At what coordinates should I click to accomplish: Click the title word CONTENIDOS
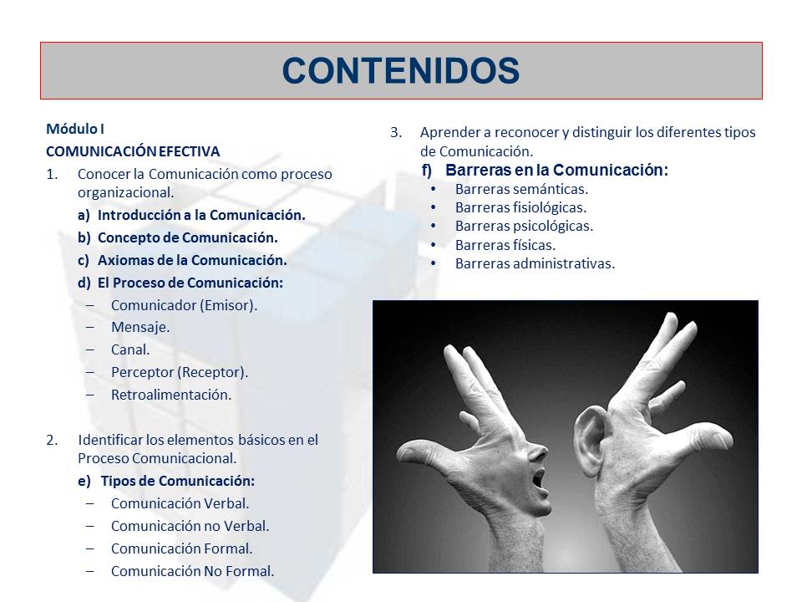pyautogui.click(x=401, y=71)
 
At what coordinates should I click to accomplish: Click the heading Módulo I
pyautogui.click(x=74, y=130)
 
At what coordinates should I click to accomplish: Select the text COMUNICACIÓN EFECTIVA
pyautogui.click(x=133, y=151)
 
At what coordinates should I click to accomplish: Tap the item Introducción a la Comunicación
pyautogui.click(x=200, y=215)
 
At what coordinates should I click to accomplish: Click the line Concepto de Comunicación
pyautogui.click(x=187, y=237)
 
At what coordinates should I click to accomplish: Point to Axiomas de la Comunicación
pyautogui.click(x=191, y=260)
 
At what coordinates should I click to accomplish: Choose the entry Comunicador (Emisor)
pyautogui.click(x=184, y=305)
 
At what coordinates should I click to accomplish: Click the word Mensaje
pyautogui.click(x=140, y=328)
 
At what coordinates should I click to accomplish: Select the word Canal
pyautogui.click(x=130, y=349)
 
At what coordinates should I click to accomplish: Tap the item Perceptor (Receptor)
pyautogui.click(x=179, y=372)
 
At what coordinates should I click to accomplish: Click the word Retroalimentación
pyautogui.click(x=170, y=395)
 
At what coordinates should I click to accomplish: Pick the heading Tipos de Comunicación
pyautogui.click(x=177, y=481)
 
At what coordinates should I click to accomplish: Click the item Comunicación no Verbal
pyautogui.click(x=190, y=526)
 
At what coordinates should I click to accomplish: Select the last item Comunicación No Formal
pyautogui.click(x=192, y=571)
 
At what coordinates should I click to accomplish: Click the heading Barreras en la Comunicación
pyautogui.click(x=556, y=171)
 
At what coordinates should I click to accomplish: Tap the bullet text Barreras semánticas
pyautogui.click(x=521, y=189)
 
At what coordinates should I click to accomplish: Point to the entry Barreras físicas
pyautogui.click(x=505, y=245)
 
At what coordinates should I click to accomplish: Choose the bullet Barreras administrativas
pyautogui.click(x=535, y=263)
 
